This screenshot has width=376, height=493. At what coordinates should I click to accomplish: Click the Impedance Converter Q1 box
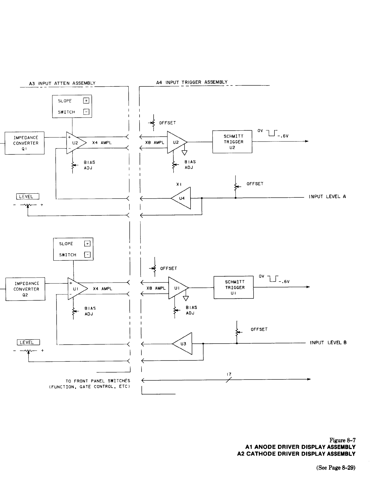[x=25, y=143]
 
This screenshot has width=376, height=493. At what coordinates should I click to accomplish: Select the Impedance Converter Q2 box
[x=26, y=289]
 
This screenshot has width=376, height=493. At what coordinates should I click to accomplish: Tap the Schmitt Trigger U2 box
[x=232, y=142]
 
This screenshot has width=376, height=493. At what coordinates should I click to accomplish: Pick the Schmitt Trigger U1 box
[x=234, y=288]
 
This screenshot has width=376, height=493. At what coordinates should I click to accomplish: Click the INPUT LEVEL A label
[x=327, y=197]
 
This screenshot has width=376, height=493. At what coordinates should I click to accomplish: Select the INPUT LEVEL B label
[x=328, y=343]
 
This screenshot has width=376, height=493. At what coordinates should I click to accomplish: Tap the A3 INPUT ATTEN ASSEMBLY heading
[x=62, y=83]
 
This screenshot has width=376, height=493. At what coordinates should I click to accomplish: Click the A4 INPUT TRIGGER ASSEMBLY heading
[x=192, y=82]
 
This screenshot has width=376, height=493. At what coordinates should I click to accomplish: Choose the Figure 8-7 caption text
[x=343, y=440]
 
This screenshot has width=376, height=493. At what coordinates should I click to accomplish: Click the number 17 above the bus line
[x=229, y=374]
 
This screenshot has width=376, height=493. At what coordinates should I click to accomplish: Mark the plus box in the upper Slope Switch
[x=86, y=101]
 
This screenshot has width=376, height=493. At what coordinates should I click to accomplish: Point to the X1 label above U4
[x=179, y=184]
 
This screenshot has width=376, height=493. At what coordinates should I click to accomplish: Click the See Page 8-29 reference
[x=336, y=468]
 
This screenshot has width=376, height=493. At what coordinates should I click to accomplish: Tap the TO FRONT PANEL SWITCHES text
[x=98, y=381]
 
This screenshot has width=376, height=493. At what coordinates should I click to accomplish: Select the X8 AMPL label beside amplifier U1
[x=156, y=288]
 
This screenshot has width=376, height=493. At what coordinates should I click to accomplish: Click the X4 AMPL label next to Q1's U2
[x=102, y=143]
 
